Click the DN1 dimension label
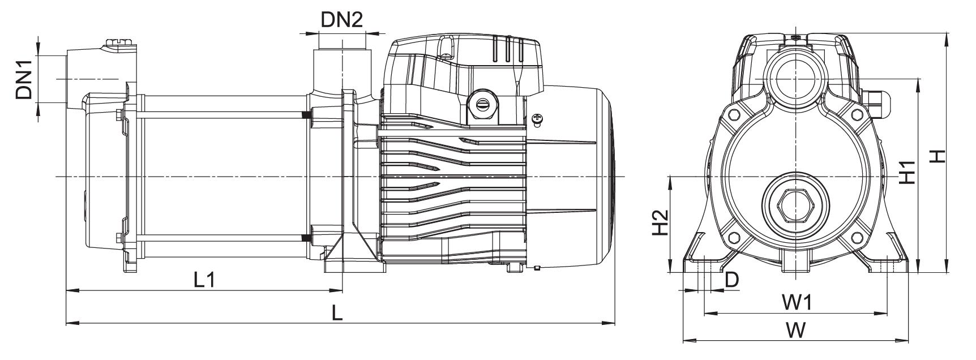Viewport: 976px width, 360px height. [x=24, y=80]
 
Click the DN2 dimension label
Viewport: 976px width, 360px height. [x=341, y=20]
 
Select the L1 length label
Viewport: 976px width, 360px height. [x=204, y=280]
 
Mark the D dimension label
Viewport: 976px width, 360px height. [x=732, y=280]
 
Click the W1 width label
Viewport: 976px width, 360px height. [x=797, y=303]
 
